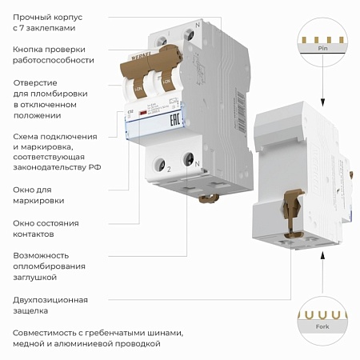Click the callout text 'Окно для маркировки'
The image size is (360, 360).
tap(39, 195)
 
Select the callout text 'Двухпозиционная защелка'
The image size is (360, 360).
tap(46, 305)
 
